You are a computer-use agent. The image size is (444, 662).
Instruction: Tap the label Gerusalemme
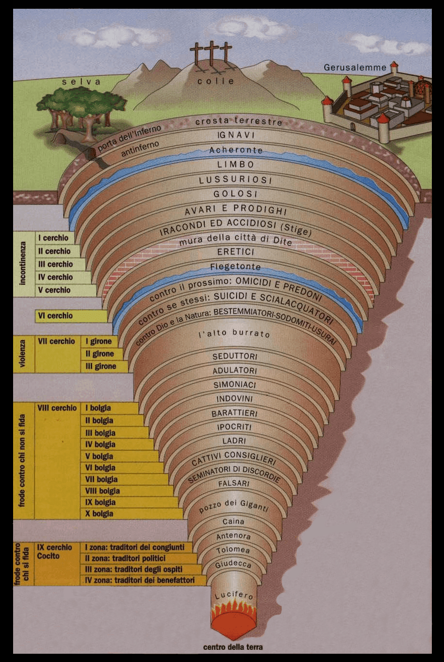coord(355,68)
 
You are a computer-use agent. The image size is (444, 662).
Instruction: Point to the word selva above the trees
coord(81,82)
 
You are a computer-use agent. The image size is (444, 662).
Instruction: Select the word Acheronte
coord(236,150)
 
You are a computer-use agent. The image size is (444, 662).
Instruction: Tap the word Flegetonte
coord(235,267)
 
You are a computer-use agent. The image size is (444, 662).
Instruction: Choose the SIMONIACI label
coord(235,385)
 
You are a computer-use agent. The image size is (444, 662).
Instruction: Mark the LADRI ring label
coord(234,441)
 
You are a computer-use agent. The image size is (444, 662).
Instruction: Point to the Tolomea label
coord(233,550)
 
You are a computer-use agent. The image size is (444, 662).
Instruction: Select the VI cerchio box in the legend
coord(55,316)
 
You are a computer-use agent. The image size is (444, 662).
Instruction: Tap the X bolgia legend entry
coord(99,513)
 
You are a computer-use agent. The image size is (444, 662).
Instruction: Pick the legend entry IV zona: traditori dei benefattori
coord(140,580)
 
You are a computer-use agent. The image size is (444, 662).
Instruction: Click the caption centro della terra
coord(233,647)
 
